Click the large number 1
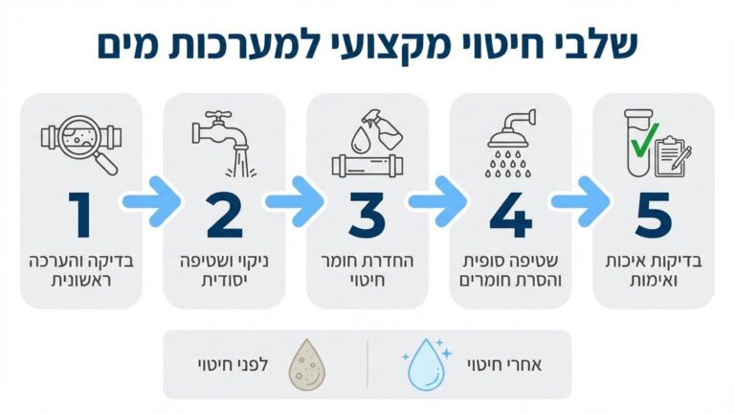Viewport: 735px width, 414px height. [x=80, y=215]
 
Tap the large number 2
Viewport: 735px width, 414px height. [x=225, y=215]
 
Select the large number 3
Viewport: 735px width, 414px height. [x=367, y=215]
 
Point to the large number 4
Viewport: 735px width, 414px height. [x=510, y=215]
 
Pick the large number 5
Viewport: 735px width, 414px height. [x=654, y=215]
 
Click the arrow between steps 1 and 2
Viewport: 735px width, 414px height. [x=152, y=202]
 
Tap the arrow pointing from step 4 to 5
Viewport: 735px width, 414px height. [x=581, y=202]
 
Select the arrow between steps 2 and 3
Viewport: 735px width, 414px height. [x=295, y=202]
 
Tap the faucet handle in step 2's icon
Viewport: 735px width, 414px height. [x=218, y=115]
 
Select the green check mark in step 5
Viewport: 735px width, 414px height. [x=644, y=140]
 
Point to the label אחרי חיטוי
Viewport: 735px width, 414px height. [x=504, y=365]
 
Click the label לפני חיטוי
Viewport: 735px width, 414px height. [x=234, y=365]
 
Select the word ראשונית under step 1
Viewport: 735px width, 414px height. [x=81, y=281]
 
